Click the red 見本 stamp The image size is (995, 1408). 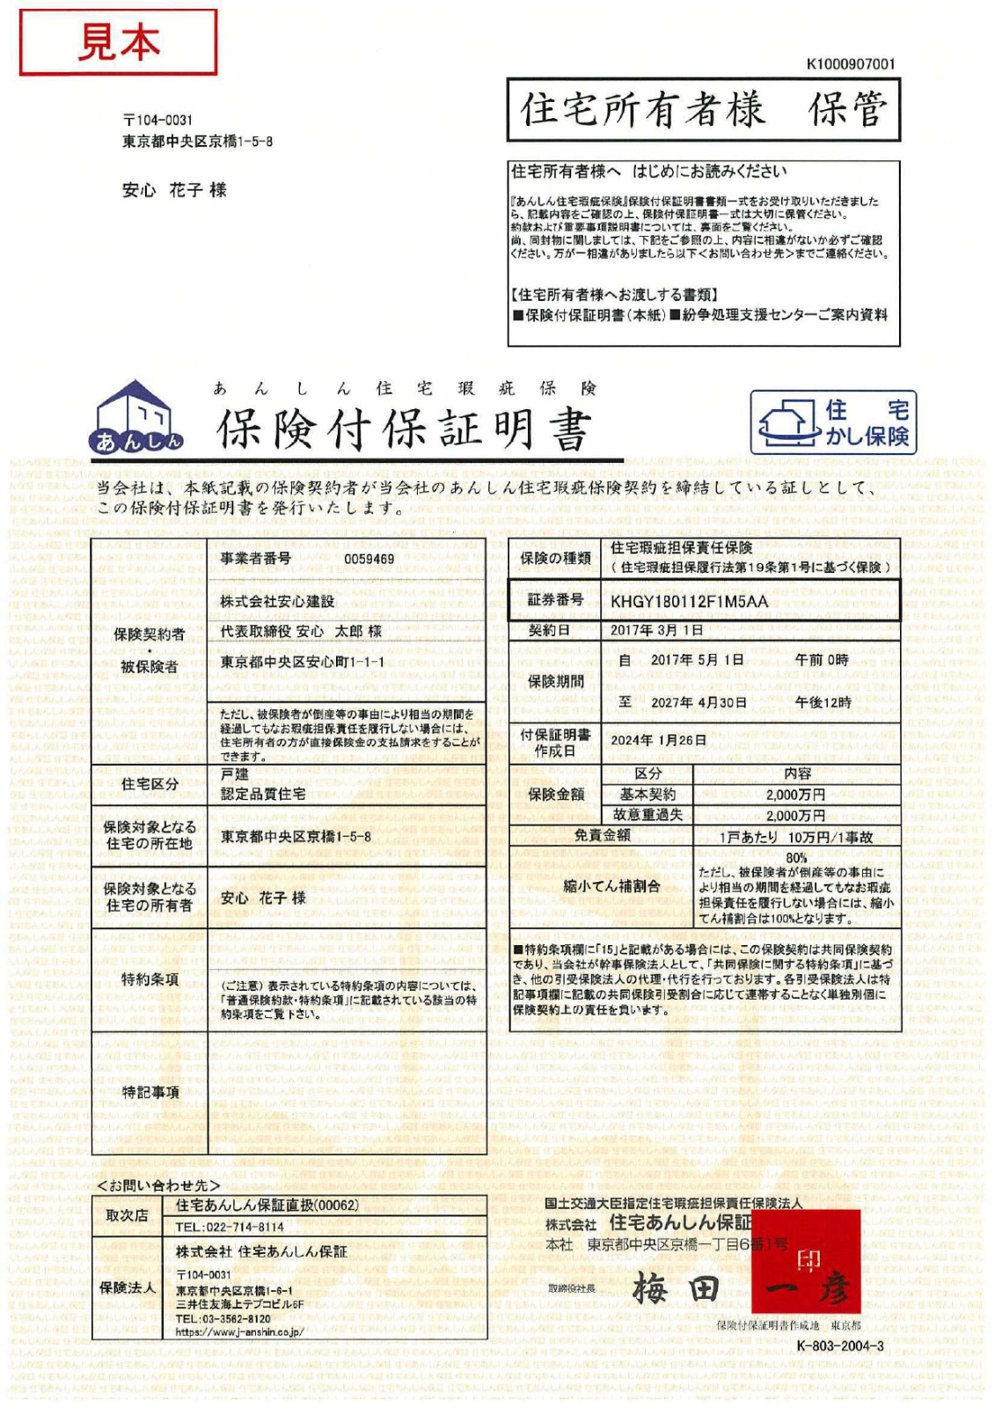point(118,42)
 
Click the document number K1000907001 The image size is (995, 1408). point(850,64)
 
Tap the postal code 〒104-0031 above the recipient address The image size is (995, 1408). point(157,120)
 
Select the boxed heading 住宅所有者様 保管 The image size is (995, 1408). point(703,110)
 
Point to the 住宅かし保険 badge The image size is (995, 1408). point(832,422)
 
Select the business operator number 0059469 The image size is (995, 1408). point(369,559)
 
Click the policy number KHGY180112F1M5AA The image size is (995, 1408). point(689,602)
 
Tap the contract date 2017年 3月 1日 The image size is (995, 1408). point(656,630)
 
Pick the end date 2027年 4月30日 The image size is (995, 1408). point(699,702)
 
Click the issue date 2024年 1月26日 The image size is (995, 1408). point(658,740)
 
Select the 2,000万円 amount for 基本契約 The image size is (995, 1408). point(795,795)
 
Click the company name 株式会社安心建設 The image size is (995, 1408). point(277,601)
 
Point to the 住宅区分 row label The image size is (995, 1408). point(150,784)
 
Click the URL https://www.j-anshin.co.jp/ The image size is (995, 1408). point(239,1331)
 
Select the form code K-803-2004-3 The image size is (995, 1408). point(839,1346)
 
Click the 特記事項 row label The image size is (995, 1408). point(150,1092)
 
